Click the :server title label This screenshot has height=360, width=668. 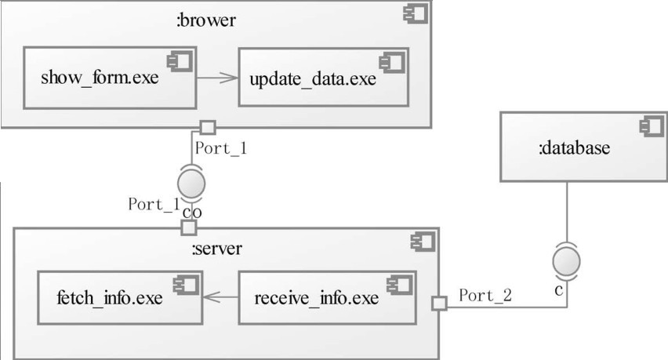click(x=217, y=249)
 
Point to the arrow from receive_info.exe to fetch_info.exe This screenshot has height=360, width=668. click(x=220, y=298)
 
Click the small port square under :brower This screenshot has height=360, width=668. click(x=207, y=126)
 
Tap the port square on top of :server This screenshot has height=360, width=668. click(x=188, y=227)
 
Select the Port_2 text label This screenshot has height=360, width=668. click(x=485, y=295)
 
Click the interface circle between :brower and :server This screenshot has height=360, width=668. click(x=192, y=184)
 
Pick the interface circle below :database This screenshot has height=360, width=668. click(x=566, y=260)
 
